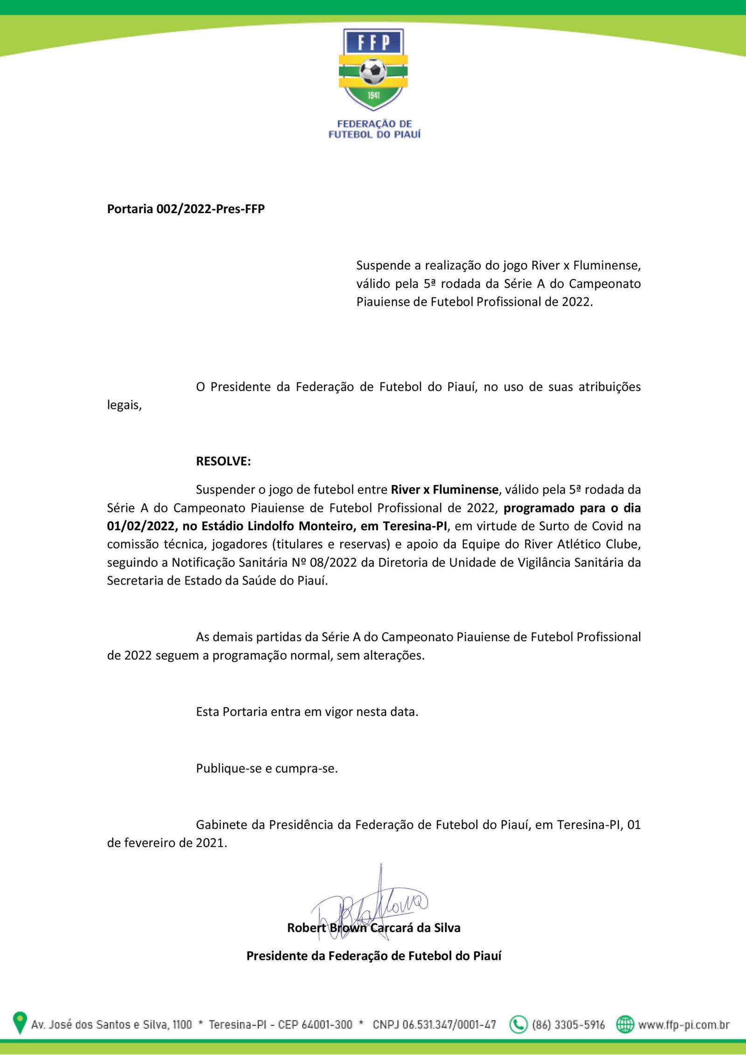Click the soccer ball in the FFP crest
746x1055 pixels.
(x=373, y=71)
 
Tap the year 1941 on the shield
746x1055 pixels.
(x=373, y=96)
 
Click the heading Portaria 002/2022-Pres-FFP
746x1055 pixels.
(x=186, y=209)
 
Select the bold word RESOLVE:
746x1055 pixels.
(x=223, y=461)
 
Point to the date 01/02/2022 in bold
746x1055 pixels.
(x=140, y=526)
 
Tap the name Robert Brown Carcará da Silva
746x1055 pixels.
(x=373, y=928)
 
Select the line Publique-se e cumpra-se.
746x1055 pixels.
(x=267, y=768)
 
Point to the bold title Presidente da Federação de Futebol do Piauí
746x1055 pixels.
(x=373, y=956)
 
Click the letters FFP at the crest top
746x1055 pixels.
(x=373, y=43)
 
